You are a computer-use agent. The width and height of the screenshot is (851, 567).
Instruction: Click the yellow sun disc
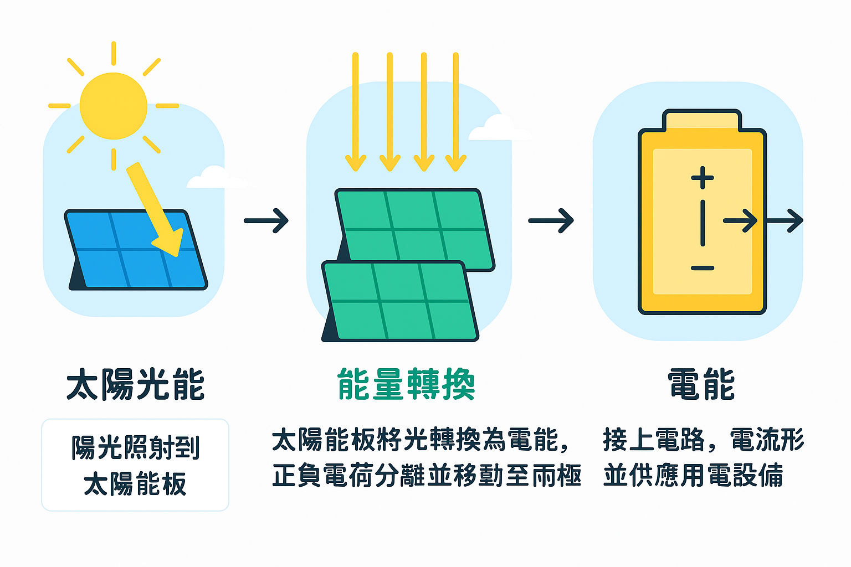point(114,106)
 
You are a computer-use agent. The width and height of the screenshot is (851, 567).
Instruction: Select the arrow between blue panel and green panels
point(266,220)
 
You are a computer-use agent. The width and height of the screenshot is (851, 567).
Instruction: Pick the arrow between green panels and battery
point(551,220)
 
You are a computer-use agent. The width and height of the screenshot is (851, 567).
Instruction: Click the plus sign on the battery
point(703,178)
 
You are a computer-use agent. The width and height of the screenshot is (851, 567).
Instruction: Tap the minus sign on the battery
point(703,269)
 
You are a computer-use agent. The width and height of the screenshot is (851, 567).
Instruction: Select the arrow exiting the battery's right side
point(785,220)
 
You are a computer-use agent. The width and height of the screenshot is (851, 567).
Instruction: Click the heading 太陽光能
point(136,384)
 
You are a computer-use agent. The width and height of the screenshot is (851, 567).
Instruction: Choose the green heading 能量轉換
point(406,384)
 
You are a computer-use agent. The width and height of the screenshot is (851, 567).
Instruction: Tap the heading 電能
point(701,384)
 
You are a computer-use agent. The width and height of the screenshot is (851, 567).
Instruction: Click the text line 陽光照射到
point(135,447)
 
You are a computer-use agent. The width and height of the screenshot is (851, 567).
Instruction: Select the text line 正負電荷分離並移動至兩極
point(427,475)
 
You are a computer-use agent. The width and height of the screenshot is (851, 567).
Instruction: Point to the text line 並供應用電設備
point(693,475)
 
